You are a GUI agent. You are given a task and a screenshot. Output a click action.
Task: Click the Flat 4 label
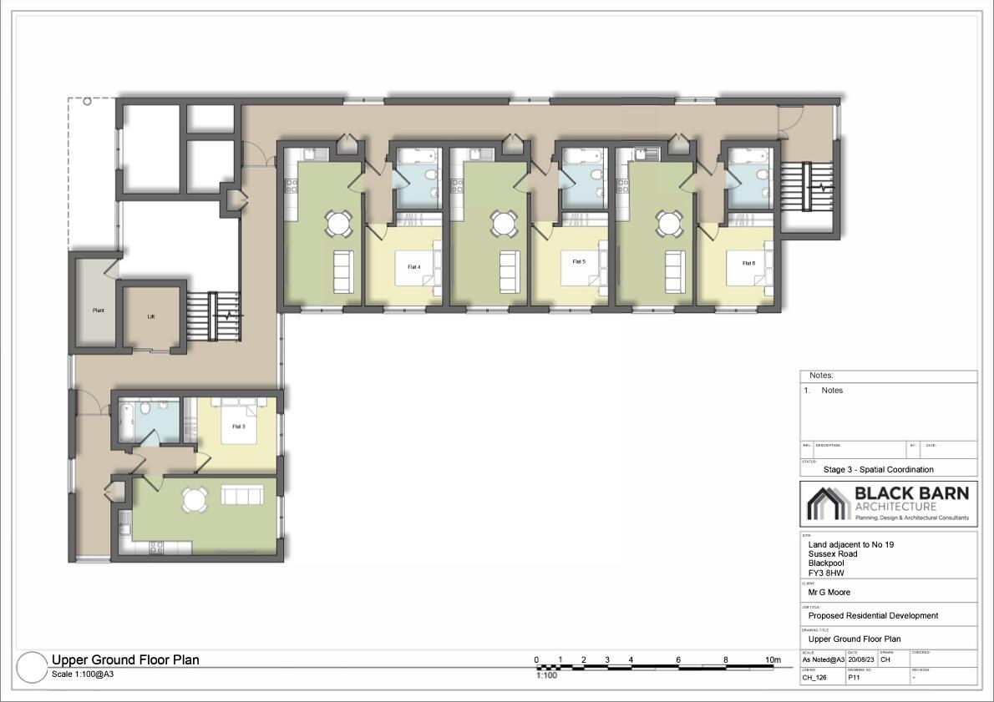[413, 267]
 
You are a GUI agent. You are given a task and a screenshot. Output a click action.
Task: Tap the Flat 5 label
[578, 262]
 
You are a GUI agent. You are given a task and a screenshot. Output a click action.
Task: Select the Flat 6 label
[748, 263]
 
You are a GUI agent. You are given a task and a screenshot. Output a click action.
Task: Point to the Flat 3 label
[238, 427]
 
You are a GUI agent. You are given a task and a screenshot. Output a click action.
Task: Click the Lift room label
[151, 317]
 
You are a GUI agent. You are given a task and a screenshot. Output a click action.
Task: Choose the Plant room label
[98, 311]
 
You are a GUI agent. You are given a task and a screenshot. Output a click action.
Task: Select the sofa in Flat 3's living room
[242, 496]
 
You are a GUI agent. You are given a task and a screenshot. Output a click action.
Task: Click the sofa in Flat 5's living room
[509, 267]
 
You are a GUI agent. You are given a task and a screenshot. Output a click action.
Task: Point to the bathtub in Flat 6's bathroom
[746, 156]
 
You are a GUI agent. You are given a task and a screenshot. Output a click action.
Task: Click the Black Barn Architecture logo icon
[827, 503]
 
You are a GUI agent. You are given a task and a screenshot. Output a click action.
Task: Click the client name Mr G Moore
[829, 593]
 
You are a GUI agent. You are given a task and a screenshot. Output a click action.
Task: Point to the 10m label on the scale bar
[773, 660]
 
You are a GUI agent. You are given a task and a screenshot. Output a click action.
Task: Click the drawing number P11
[855, 678]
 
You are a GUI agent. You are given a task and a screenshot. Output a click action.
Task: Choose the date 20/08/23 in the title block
[860, 659]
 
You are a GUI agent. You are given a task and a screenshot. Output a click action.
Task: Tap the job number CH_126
[814, 678]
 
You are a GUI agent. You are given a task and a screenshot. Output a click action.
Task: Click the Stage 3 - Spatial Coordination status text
[878, 469]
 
